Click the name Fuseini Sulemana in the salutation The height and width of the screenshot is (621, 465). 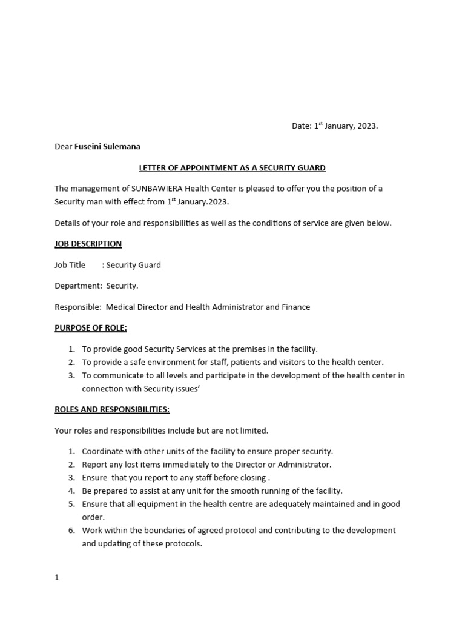pos(108,146)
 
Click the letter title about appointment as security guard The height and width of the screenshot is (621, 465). pos(232,167)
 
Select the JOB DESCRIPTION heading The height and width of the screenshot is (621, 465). pos(88,244)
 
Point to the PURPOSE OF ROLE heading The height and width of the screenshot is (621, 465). pos(91,328)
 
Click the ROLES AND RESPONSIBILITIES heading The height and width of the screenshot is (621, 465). pos(112,409)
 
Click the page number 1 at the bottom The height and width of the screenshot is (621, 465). pos(57,578)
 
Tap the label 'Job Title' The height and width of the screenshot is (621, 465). pos(70,265)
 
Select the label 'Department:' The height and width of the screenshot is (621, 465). pos(78,286)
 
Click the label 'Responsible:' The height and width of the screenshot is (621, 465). pos(77,307)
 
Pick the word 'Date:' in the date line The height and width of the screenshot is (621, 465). pos(302,126)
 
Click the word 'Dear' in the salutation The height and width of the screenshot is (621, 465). pos(63,146)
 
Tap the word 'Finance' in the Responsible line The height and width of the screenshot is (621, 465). pos(295,307)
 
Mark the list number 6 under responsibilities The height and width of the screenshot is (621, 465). pos(71,530)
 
